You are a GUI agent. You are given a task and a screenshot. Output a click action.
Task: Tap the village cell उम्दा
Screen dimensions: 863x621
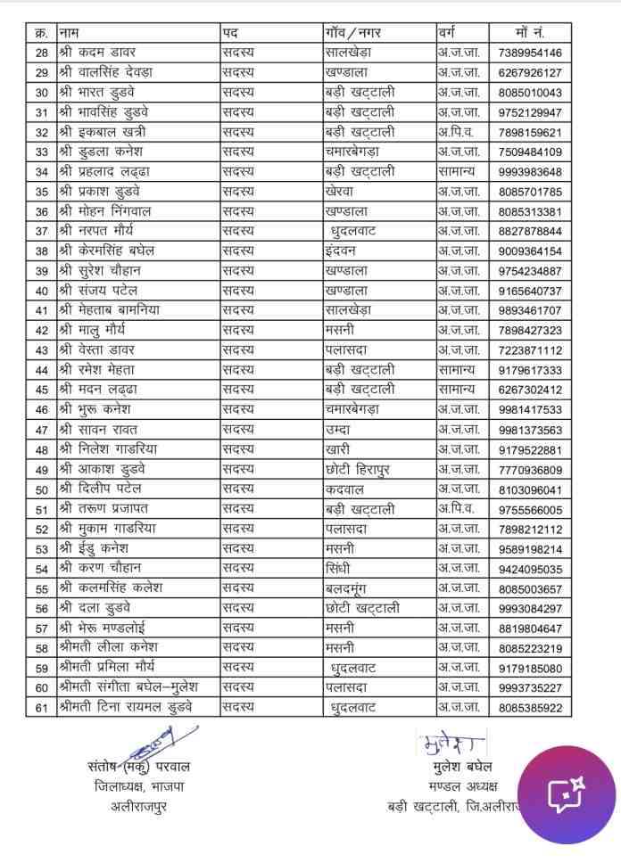coord(342,430)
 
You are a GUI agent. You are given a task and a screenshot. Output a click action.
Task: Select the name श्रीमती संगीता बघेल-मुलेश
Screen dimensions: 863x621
coord(133,686)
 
